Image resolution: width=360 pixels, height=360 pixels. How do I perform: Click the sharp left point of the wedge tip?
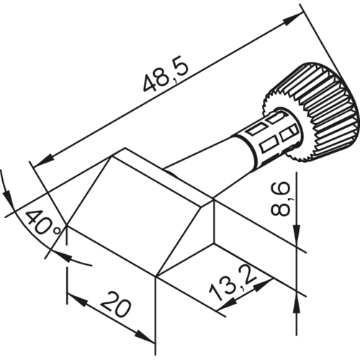click(66, 225)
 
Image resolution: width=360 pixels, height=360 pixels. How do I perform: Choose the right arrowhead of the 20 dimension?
click(148, 338)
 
